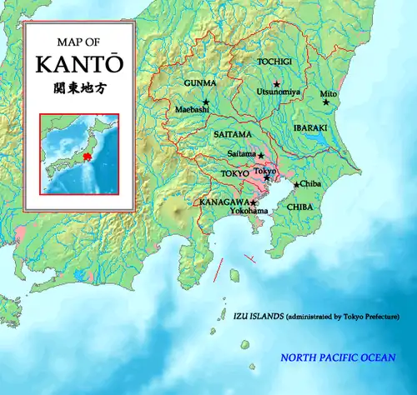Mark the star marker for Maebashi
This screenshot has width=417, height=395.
(205, 102)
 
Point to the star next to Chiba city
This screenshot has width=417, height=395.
(296, 184)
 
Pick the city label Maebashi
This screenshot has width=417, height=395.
(191, 109)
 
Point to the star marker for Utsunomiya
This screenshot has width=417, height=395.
(277, 83)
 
